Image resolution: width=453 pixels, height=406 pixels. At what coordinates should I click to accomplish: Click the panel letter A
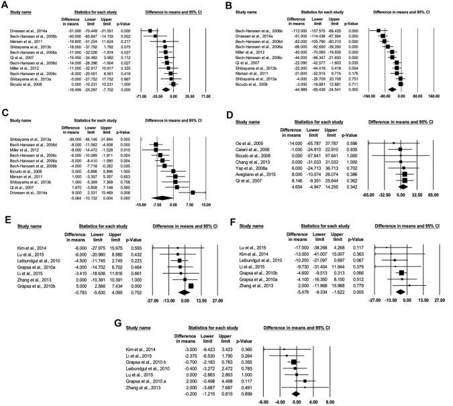5,5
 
